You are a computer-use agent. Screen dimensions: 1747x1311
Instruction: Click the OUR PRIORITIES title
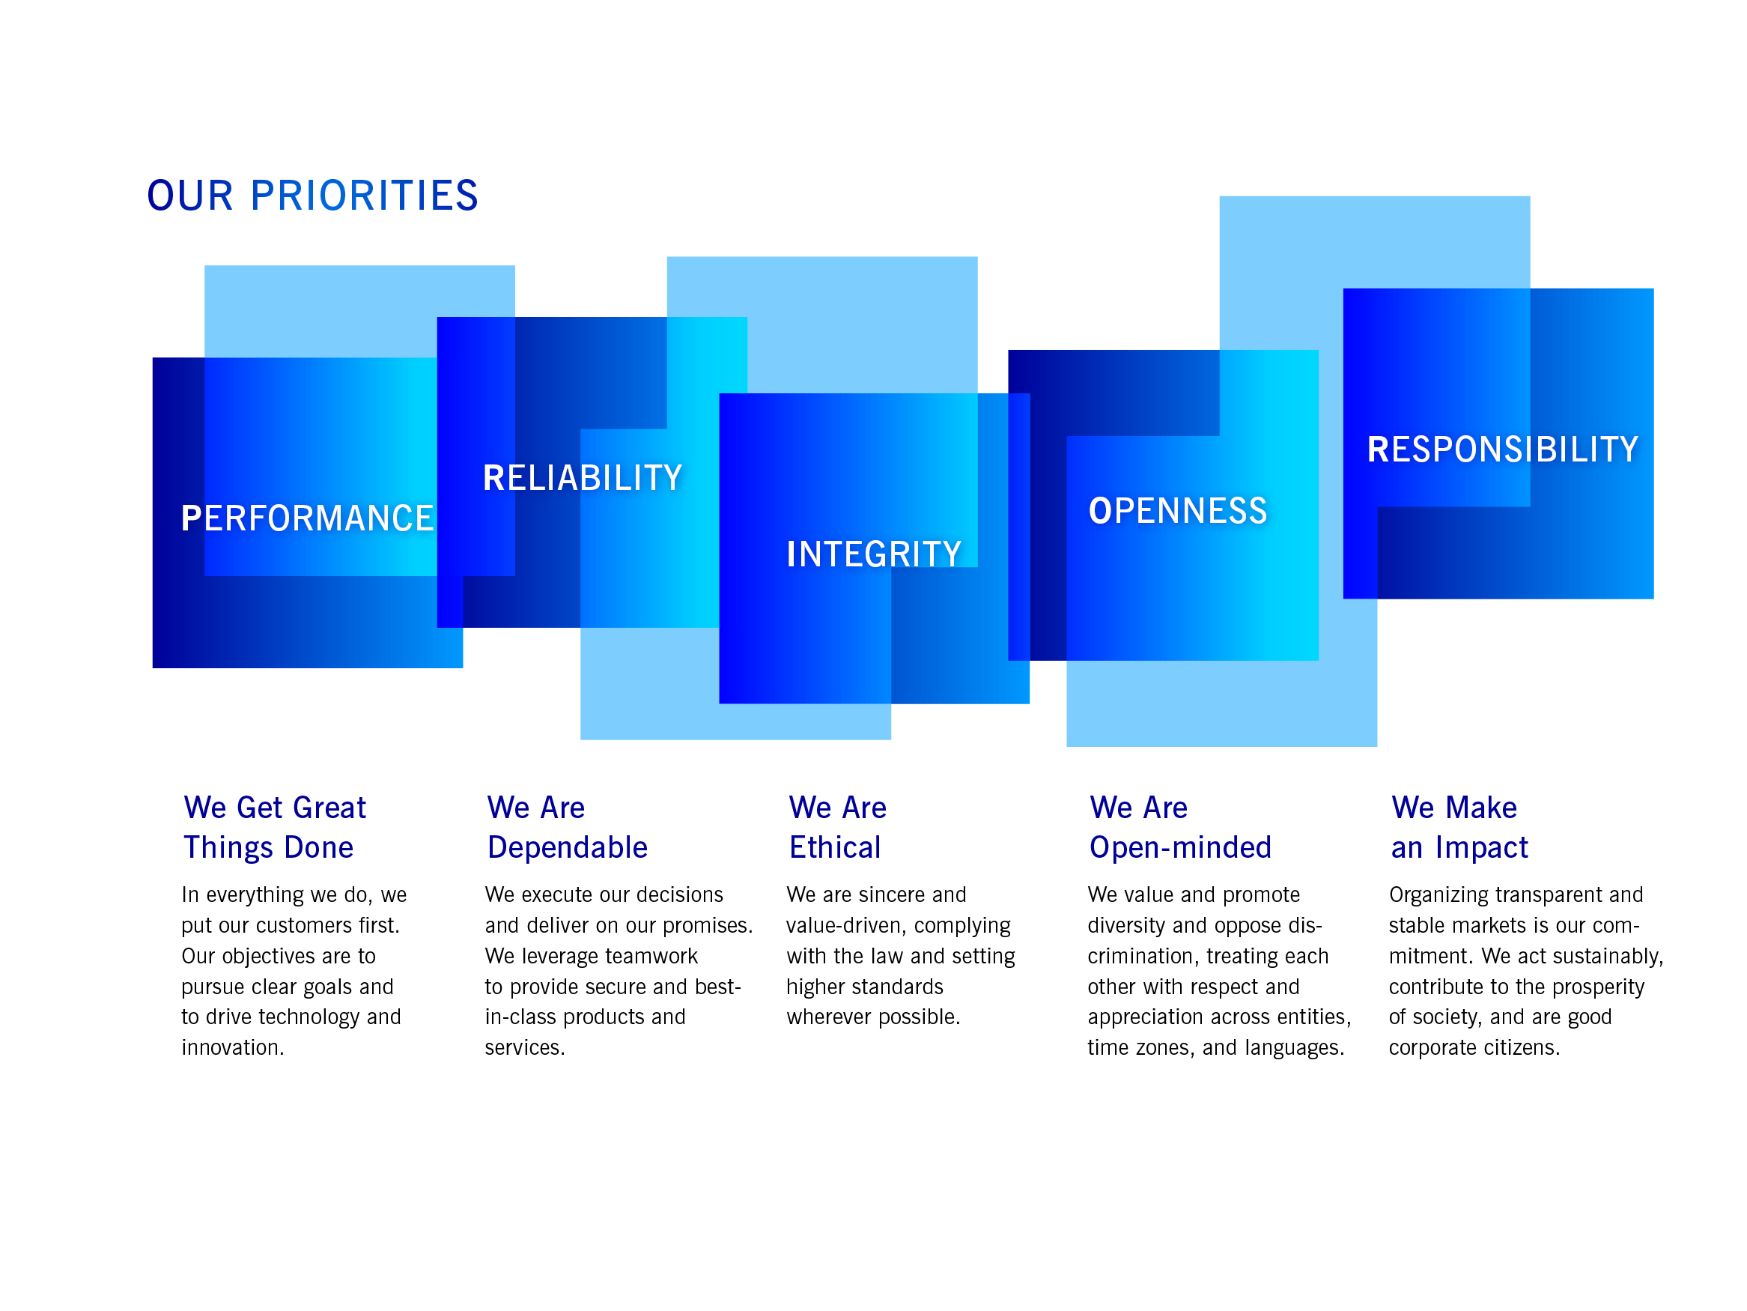pyautogui.click(x=313, y=196)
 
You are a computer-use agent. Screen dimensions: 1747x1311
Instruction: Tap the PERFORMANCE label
pyautogui.click(x=307, y=518)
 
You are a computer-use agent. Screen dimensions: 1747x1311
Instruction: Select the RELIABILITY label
pyautogui.click(x=582, y=478)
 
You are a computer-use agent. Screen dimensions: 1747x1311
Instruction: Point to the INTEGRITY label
pyautogui.click(x=873, y=554)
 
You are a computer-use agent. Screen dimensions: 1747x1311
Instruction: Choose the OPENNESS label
pyautogui.click(x=1178, y=510)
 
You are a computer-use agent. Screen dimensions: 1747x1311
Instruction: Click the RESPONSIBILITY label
pyautogui.click(x=1503, y=449)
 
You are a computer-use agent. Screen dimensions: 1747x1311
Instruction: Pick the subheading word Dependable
pyautogui.click(x=567, y=847)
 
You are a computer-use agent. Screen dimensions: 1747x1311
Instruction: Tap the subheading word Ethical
pyautogui.click(x=835, y=847)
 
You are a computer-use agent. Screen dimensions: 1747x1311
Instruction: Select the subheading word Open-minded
pyautogui.click(x=1180, y=848)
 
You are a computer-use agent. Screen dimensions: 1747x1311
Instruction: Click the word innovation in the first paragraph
pyautogui.click(x=231, y=1048)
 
